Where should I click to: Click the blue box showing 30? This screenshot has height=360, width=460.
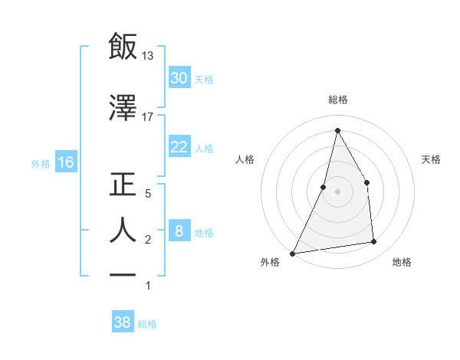(179, 78)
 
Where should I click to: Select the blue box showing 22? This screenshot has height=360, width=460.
(179, 147)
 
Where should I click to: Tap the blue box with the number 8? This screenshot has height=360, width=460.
(179, 231)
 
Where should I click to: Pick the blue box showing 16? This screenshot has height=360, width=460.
(65, 162)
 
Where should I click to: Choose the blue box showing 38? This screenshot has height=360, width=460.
(123, 322)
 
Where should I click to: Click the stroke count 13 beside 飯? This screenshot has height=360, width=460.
(148, 56)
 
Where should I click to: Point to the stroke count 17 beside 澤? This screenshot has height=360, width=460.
(148, 116)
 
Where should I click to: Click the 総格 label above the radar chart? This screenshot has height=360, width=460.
(337, 100)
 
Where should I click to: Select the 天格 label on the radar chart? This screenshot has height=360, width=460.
(432, 159)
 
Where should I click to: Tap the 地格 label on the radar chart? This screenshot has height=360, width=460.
(402, 262)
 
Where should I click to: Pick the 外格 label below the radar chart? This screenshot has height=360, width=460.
(270, 262)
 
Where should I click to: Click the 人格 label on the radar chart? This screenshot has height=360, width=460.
(245, 159)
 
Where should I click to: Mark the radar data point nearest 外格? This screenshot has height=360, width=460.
(292, 254)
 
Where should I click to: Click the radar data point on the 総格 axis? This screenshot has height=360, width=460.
(337, 129)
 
